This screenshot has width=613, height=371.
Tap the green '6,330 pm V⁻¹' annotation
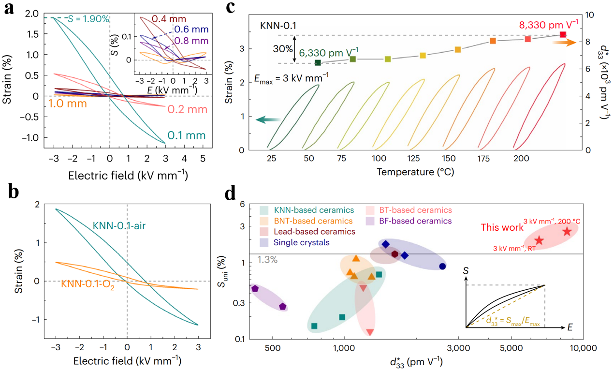click(x=330, y=52)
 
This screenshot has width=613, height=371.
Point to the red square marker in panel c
click(x=563, y=35)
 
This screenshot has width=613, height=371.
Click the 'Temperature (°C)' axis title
click(x=415, y=172)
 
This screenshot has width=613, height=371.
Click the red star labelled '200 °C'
click(x=567, y=232)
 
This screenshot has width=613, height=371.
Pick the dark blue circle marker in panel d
click(x=443, y=266)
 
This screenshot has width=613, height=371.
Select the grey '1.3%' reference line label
click(x=267, y=259)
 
